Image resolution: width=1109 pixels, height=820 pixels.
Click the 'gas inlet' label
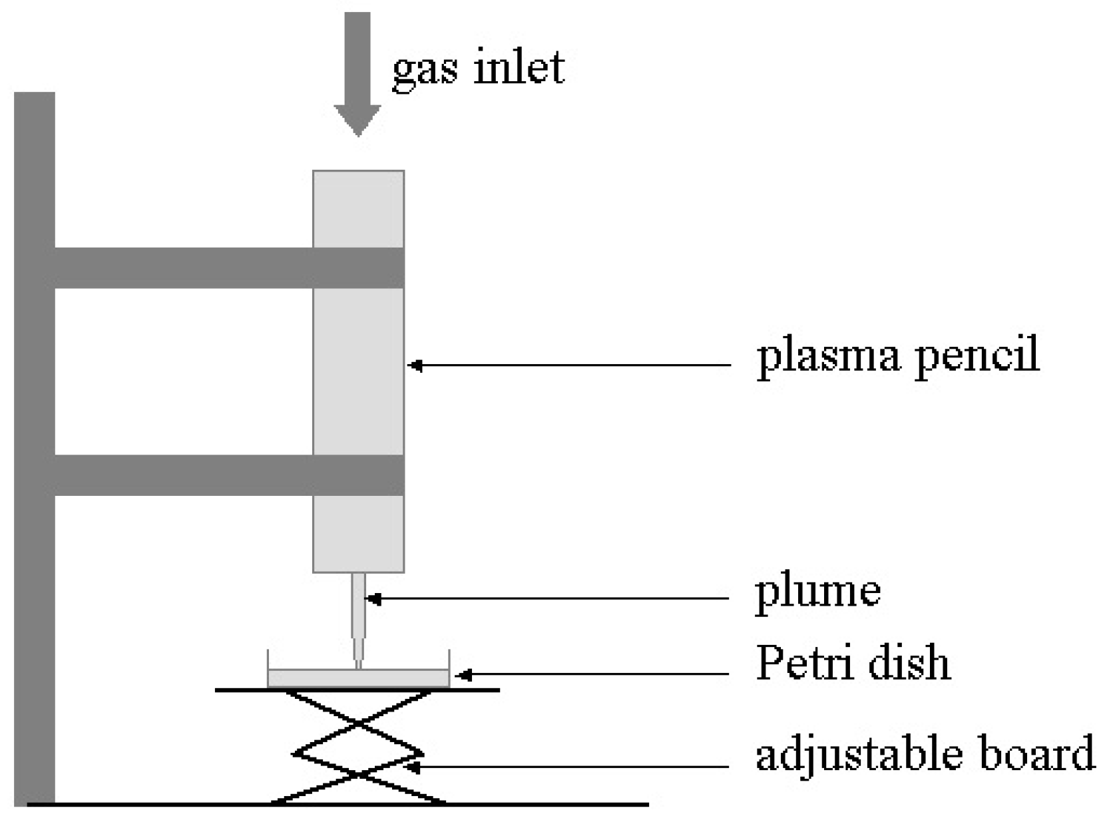(x=478, y=68)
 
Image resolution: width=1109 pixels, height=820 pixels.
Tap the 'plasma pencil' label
(x=897, y=357)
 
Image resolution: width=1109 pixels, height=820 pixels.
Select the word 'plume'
(x=817, y=592)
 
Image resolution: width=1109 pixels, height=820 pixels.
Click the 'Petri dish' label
(x=853, y=664)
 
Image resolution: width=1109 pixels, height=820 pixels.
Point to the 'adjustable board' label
(x=925, y=754)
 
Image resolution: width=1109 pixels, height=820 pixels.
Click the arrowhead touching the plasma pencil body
(x=415, y=365)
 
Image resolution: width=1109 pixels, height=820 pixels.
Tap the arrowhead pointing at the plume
(x=373, y=599)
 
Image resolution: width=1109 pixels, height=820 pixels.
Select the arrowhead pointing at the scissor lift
(x=412, y=767)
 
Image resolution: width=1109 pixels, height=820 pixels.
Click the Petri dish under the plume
(x=358, y=678)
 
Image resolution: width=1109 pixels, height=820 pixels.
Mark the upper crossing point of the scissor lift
(x=358, y=722)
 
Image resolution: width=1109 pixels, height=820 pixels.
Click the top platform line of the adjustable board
(x=466, y=690)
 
